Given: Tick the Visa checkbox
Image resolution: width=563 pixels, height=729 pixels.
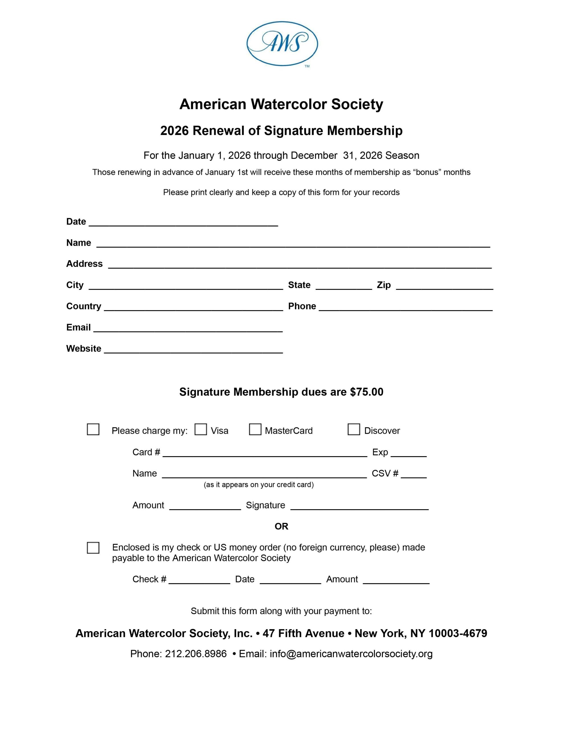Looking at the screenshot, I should pyautogui.click(x=201, y=429).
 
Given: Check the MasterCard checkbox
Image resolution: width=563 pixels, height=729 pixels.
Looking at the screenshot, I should pyautogui.click(x=255, y=429).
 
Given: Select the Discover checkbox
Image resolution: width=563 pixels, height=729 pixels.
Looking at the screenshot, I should pyautogui.click(x=354, y=429).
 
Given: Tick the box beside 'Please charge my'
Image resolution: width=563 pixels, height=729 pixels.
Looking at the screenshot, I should pyautogui.click(x=93, y=429).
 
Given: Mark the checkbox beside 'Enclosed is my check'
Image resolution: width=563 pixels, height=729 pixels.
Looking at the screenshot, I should pyautogui.click(x=93, y=548).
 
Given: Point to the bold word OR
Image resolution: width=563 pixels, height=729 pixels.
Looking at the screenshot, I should pyautogui.click(x=281, y=526).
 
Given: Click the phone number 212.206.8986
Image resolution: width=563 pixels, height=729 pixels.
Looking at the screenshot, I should pyautogui.click(x=196, y=654).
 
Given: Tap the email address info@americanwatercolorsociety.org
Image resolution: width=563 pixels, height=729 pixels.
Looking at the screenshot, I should pyautogui.click(x=351, y=654).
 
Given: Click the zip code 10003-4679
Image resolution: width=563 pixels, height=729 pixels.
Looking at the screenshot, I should pyautogui.click(x=458, y=633).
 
